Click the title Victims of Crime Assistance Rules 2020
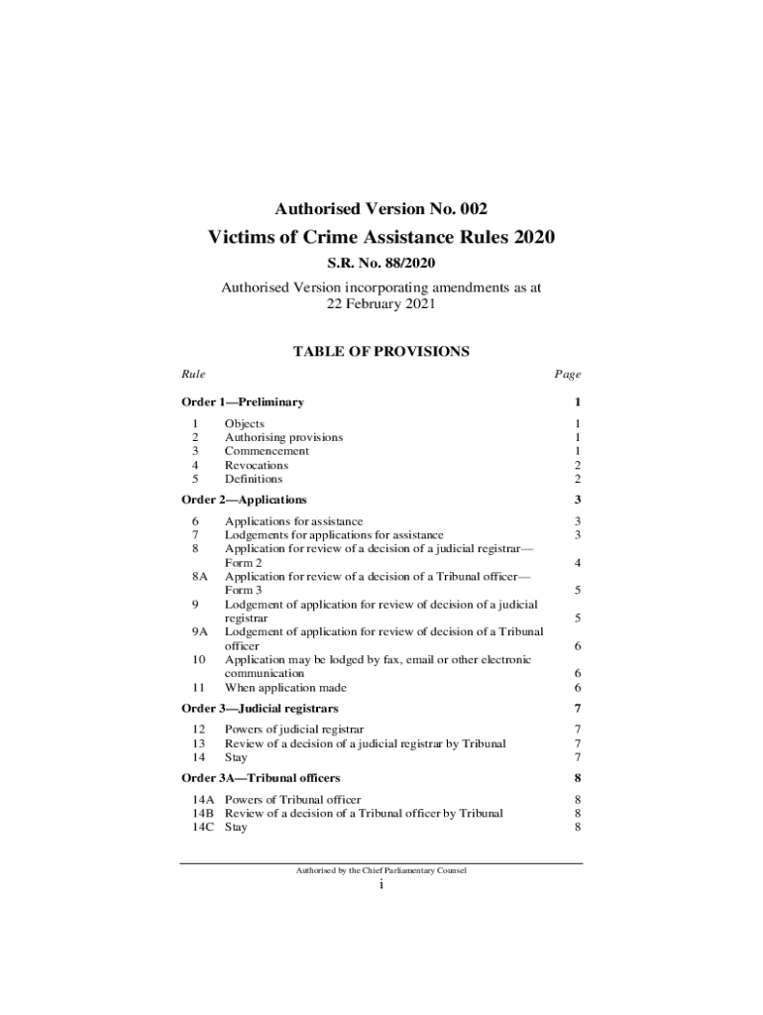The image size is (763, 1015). click(x=381, y=238)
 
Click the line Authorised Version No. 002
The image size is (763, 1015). click(x=381, y=209)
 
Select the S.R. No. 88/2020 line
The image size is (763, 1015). click(x=381, y=265)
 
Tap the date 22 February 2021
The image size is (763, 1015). click(x=381, y=305)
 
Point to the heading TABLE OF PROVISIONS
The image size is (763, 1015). click(x=381, y=352)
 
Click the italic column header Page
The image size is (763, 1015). click(x=568, y=375)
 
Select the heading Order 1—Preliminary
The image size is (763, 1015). click(x=243, y=402)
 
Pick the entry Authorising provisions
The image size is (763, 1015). click(x=283, y=437)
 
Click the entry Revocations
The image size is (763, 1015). click(x=257, y=465)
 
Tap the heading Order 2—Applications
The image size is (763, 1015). click(x=244, y=500)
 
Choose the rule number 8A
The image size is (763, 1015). click(x=200, y=576)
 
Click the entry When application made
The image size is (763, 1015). click(x=285, y=687)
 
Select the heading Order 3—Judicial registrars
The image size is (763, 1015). click(x=260, y=709)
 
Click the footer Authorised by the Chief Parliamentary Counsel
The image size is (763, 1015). click(x=381, y=870)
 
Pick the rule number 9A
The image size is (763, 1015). click(x=200, y=631)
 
